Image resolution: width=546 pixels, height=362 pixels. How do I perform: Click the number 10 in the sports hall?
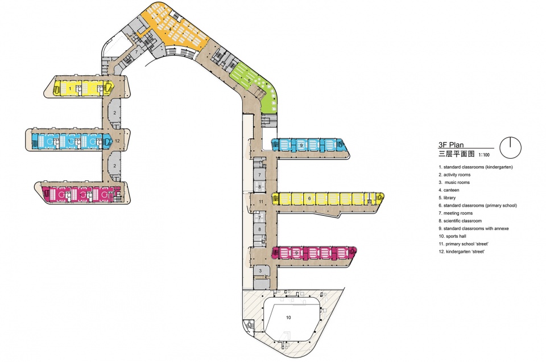coord(288,318)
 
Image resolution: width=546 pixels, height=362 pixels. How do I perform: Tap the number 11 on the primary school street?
coord(261,201)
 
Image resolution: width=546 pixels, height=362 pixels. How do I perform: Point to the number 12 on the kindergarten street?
coord(117,141)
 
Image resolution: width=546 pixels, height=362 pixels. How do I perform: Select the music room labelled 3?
coord(260,271)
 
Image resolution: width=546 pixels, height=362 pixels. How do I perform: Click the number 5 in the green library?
coord(249,81)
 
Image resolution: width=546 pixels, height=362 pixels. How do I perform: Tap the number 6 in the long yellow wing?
coord(309,199)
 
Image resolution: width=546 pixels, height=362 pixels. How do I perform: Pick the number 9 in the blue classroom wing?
coord(301,145)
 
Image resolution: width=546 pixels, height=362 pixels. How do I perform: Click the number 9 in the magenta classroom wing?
coord(297,253)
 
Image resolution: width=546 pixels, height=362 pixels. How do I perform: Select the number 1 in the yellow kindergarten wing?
coord(71,89)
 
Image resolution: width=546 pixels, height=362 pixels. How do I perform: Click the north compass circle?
coord(511,148)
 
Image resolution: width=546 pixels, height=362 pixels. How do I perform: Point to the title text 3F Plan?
coord(451,145)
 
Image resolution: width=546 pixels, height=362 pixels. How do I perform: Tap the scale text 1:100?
coord(483,155)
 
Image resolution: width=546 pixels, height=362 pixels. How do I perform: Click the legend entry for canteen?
coord(449,190)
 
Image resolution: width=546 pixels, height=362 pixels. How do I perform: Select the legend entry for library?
coord(447,198)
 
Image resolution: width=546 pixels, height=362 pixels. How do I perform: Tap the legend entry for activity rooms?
coord(454,175)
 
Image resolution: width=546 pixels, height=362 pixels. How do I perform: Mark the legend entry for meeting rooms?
coord(456,213)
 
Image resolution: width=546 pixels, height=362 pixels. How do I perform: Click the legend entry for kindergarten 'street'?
coord(461,251)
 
